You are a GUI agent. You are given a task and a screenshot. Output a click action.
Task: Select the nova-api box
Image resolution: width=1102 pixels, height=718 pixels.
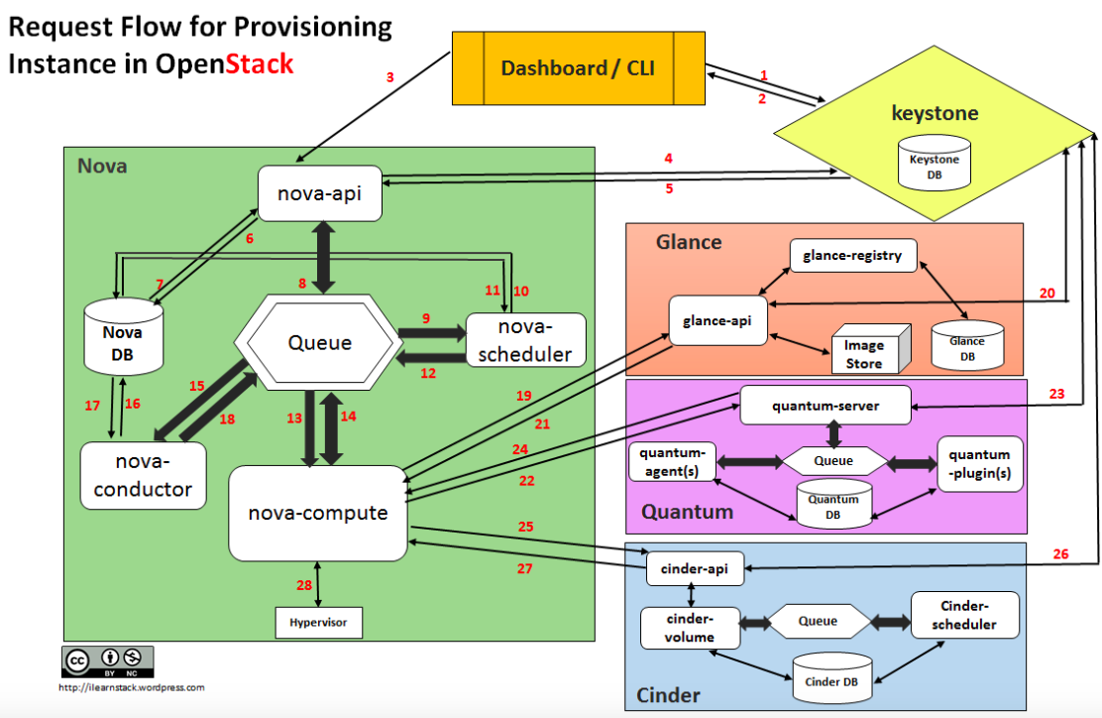click(x=319, y=193)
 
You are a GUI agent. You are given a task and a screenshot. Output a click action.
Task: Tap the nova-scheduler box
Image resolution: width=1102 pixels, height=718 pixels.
click(x=525, y=339)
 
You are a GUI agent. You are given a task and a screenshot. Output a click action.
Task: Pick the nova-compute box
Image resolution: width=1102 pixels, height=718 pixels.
click(x=317, y=513)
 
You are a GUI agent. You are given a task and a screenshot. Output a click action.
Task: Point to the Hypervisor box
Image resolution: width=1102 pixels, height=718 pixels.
click(x=318, y=623)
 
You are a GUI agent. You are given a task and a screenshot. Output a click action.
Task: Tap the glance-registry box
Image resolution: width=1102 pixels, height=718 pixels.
click(x=853, y=256)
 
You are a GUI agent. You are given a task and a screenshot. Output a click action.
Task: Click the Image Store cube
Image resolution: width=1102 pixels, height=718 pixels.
click(x=867, y=353)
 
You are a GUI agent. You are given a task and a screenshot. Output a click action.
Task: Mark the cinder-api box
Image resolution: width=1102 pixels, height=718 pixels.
click(x=695, y=568)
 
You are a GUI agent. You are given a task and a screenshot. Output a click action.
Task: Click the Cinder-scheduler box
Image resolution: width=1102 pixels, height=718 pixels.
click(x=953, y=615)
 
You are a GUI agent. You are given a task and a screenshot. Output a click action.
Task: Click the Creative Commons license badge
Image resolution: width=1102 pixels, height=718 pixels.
click(x=108, y=659)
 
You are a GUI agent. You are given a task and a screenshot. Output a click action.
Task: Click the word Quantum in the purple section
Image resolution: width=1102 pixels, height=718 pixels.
click(x=687, y=512)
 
